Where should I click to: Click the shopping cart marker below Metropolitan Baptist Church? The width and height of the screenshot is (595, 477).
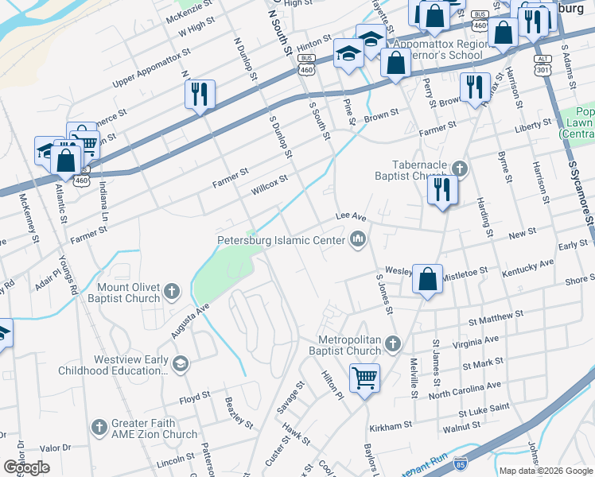click(x=364, y=378)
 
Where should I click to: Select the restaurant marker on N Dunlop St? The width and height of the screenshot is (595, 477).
click(x=200, y=94)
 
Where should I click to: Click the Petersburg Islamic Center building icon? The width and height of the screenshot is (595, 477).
click(x=358, y=239)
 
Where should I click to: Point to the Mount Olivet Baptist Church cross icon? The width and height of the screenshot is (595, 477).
click(x=171, y=293)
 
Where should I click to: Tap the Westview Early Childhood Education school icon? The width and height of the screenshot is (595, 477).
click(x=181, y=365)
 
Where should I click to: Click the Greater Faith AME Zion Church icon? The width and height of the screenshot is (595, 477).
click(x=99, y=427)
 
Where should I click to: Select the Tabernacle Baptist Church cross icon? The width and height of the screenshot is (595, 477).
click(x=459, y=169)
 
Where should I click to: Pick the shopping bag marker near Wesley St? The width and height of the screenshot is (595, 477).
click(x=427, y=279)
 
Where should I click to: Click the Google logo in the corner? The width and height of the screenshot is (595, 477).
click(x=26, y=467)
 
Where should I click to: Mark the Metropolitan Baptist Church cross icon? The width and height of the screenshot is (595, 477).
click(x=391, y=344)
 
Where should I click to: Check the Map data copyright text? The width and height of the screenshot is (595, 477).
click(x=545, y=471)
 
